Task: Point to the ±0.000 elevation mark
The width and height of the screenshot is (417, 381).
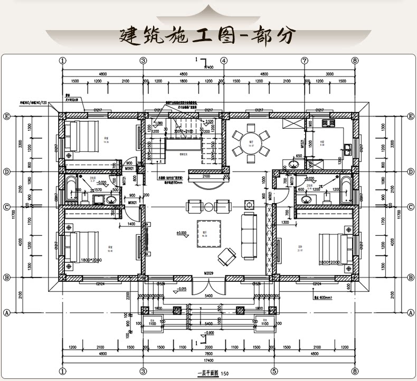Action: tap(183, 233)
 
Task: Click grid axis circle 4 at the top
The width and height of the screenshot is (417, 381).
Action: tap(224, 61)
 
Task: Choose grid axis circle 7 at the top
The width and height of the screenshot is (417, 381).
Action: tap(305, 61)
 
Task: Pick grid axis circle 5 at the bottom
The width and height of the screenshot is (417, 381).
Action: tap(274, 370)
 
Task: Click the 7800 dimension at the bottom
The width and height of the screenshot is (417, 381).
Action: tap(209, 354)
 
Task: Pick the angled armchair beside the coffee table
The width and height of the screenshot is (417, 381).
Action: tap(228, 257)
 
